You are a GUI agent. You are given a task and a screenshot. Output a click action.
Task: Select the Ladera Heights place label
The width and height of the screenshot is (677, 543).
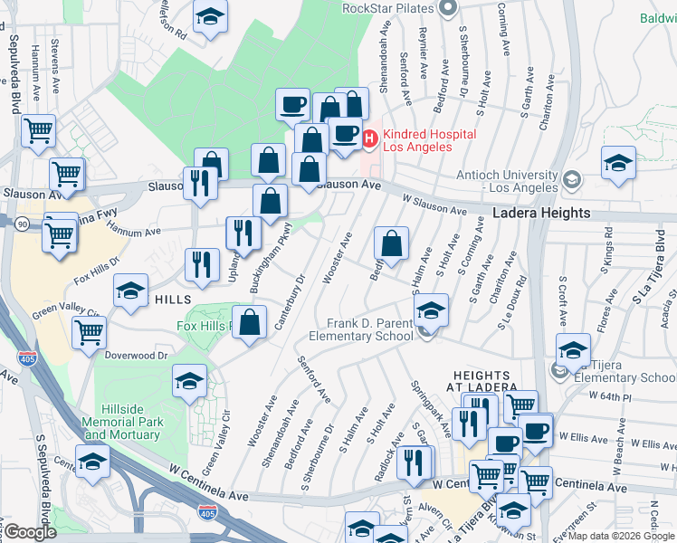tap(541, 214)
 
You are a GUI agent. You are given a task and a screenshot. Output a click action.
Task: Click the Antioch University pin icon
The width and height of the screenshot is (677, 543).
tap(571, 180)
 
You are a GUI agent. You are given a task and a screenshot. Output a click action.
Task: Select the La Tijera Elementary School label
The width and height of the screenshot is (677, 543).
tap(625, 371)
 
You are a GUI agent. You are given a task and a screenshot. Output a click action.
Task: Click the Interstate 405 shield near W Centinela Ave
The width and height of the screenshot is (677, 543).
tap(206, 513)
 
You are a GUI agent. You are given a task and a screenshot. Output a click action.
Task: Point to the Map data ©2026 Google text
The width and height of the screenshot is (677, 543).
tap(622, 536)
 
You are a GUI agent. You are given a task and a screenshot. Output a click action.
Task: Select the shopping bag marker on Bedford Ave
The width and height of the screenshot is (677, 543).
tap(392, 244)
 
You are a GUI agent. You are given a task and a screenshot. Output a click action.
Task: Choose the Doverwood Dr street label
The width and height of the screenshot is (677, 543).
tap(137, 356)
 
